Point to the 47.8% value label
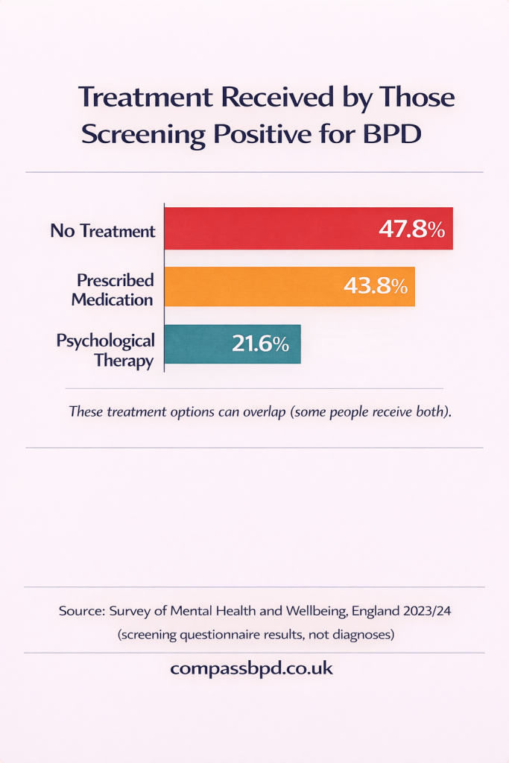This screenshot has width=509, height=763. pos(411,229)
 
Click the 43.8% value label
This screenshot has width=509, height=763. pos(375,286)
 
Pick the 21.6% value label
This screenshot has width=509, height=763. pos(260,344)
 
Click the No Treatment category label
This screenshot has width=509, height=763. pos(103,231)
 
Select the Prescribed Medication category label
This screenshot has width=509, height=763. pos(115,290)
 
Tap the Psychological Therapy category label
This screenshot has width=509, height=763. pos(106,350)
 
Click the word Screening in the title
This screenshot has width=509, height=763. pos(142,134)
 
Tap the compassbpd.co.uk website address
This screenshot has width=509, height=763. pos(252,668)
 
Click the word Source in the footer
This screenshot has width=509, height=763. pos(79,610)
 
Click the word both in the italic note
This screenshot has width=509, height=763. pos(430,411)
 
